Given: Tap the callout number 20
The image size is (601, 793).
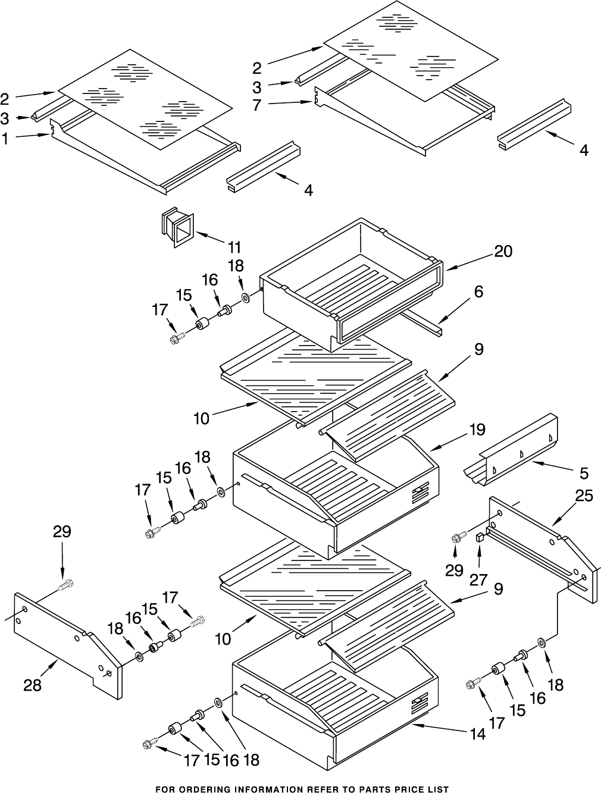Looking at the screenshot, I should [503, 251].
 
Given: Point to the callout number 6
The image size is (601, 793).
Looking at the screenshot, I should [478, 292].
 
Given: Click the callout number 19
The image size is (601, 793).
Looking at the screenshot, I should [476, 429].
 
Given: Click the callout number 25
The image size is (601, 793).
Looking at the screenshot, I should [584, 495].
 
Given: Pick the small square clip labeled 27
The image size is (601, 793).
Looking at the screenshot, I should [480, 537].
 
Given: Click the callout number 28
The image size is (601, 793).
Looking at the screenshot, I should [32, 685].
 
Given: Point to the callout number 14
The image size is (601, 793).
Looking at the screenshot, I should [477, 734].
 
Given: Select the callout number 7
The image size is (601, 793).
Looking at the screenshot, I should [256, 105].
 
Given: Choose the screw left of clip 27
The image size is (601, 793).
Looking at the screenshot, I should [457, 537].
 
